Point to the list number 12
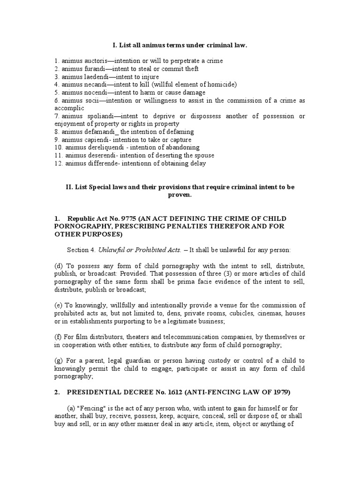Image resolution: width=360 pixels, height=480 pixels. click(58, 164)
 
